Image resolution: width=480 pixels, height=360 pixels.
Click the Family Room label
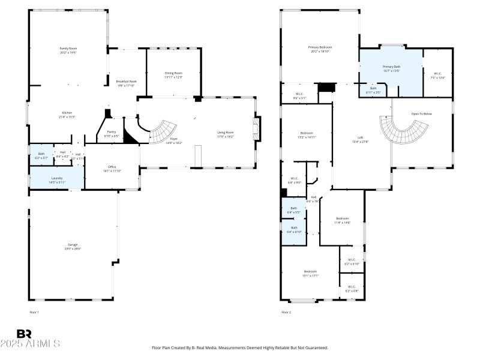point(68,50)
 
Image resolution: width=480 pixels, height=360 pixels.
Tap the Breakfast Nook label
point(126,83)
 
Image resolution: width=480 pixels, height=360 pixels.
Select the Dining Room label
point(173,75)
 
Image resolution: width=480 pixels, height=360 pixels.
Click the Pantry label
point(112,134)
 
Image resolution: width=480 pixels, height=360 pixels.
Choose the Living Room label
point(226,134)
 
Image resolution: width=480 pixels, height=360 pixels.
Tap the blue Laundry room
point(56,179)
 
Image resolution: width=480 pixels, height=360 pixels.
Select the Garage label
point(73,247)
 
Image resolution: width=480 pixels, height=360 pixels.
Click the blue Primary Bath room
point(391,71)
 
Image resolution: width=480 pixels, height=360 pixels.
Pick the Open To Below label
point(421,113)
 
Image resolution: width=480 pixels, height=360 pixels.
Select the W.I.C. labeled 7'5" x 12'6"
point(437,76)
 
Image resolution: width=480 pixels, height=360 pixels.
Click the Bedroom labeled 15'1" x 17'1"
point(310,274)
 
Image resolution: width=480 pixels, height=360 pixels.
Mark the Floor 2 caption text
point(286,313)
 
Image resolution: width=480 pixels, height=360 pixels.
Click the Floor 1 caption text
point(34,313)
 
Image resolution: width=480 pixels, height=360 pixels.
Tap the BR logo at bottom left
point(24,334)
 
